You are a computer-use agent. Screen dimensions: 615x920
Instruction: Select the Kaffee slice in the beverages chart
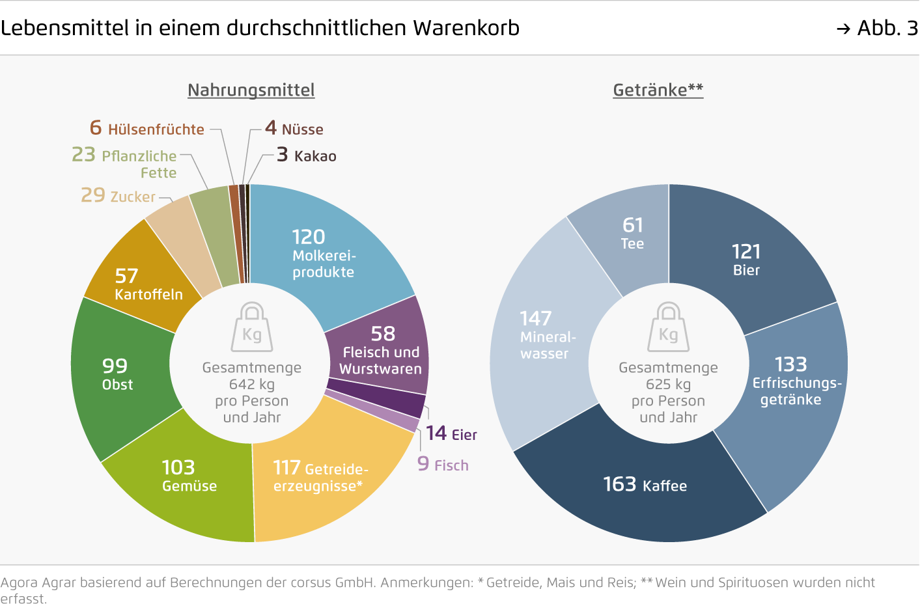click(x=645, y=488)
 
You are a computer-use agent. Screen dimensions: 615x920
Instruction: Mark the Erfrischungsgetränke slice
click(x=794, y=384)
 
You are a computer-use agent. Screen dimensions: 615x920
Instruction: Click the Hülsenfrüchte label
click(x=156, y=130)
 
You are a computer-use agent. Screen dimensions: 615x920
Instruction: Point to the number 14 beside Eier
click(x=436, y=433)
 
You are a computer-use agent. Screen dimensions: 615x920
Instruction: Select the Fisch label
click(x=451, y=465)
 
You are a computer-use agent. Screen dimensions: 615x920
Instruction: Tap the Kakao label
click(x=315, y=156)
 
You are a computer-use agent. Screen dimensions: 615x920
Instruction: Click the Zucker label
click(x=133, y=197)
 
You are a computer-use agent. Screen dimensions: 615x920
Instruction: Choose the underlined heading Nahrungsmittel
click(x=251, y=90)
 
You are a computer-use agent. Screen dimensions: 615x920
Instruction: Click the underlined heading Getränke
click(x=658, y=90)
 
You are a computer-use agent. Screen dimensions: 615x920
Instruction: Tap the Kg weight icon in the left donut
click(x=252, y=327)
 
